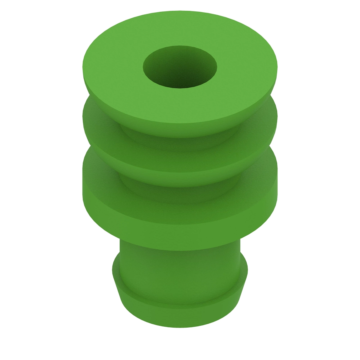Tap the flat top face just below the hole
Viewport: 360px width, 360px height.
tap(180, 105)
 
